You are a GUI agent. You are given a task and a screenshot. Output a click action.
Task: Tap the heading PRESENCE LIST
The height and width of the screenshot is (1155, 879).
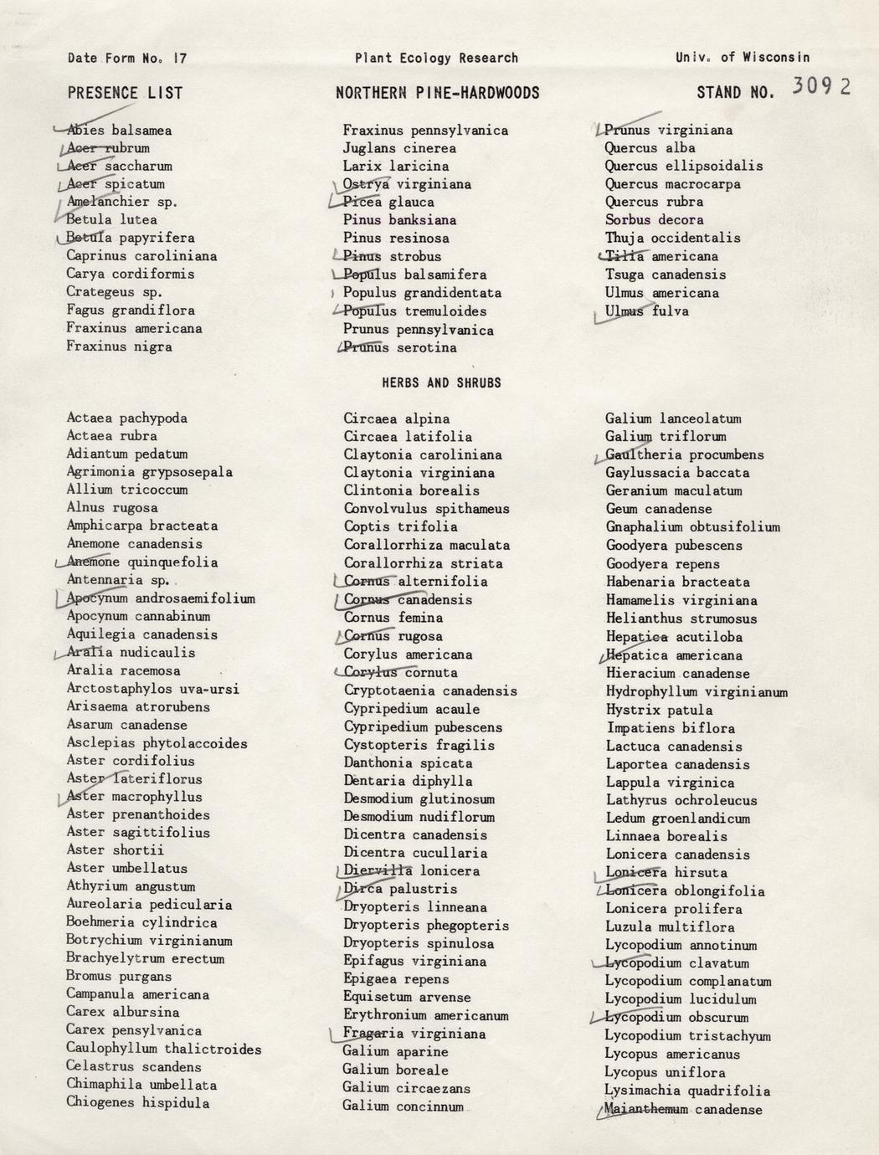click(x=125, y=93)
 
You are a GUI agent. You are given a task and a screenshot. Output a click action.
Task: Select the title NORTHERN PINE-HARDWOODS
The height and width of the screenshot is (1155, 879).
click(x=437, y=93)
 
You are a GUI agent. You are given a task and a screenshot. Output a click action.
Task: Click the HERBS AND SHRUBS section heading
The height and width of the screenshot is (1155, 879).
click(x=441, y=382)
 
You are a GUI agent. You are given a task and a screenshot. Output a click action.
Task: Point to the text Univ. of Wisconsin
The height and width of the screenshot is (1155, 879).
click(x=743, y=58)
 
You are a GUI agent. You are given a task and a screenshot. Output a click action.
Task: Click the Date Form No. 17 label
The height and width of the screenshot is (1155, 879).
click(x=127, y=58)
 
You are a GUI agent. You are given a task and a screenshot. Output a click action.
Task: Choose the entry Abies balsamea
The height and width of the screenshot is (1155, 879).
click(x=119, y=131)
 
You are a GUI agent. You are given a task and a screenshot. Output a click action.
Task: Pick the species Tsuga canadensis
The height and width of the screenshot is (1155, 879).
click(x=666, y=275)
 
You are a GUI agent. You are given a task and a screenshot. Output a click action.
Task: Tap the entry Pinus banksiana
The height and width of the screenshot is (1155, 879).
click(x=399, y=220)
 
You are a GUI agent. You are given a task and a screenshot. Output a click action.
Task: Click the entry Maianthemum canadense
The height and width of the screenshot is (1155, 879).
click(x=683, y=1110)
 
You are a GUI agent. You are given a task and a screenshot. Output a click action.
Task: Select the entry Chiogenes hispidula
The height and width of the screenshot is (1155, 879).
click(x=138, y=1102)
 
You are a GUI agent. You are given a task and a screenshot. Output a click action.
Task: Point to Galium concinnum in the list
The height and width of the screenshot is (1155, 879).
click(x=403, y=1106)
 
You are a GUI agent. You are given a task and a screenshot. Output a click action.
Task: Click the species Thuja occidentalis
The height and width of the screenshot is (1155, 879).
click(x=673, y=238)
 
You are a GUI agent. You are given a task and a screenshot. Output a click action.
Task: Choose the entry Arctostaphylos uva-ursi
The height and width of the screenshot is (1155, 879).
click(x=152, y=689)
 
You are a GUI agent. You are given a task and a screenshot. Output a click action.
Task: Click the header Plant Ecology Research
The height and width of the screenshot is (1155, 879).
click(x=436, y=58)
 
